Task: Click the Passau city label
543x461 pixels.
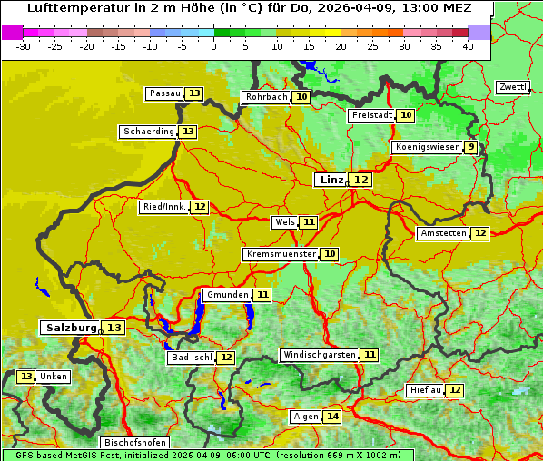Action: click(164, 93)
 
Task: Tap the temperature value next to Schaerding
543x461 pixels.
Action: click(188, 132)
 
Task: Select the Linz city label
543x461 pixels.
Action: click(331, 180)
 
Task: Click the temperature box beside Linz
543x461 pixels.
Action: click(361, 180)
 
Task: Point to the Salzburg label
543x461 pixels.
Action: click(71, 328)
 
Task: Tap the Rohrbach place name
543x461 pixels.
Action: click(265, 97)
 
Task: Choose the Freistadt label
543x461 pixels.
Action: click(371, 115)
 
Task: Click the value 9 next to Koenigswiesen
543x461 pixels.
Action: click(470, 147)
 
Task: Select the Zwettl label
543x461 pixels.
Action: click(512, 87)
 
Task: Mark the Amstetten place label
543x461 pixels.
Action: click(443, 233)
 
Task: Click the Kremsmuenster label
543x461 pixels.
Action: click(281, 254)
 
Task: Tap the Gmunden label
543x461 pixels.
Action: click(226, 295)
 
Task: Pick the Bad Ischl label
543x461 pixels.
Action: click(191, 358)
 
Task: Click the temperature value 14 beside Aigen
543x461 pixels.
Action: click(333, 417)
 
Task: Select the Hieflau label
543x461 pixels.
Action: click(425, 390)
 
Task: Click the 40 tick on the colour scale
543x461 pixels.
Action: click(467, 46)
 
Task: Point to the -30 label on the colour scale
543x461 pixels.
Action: click(24, 46)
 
